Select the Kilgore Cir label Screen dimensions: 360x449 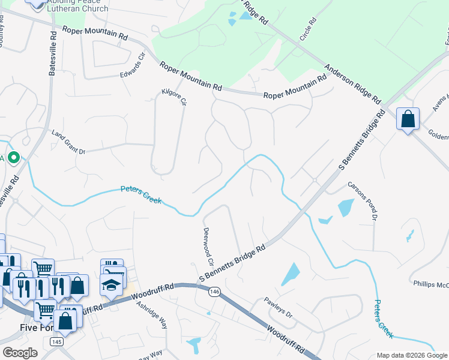tap(175, 98)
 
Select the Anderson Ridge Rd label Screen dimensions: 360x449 tap(354, 83)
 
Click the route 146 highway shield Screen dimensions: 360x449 tap(214, 292)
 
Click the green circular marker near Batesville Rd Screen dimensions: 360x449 tap(14, 158)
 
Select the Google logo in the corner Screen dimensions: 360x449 tap(20, 353)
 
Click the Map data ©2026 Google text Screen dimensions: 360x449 tap(411, 355)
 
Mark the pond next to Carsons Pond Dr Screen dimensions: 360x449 tap(346, 208)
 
